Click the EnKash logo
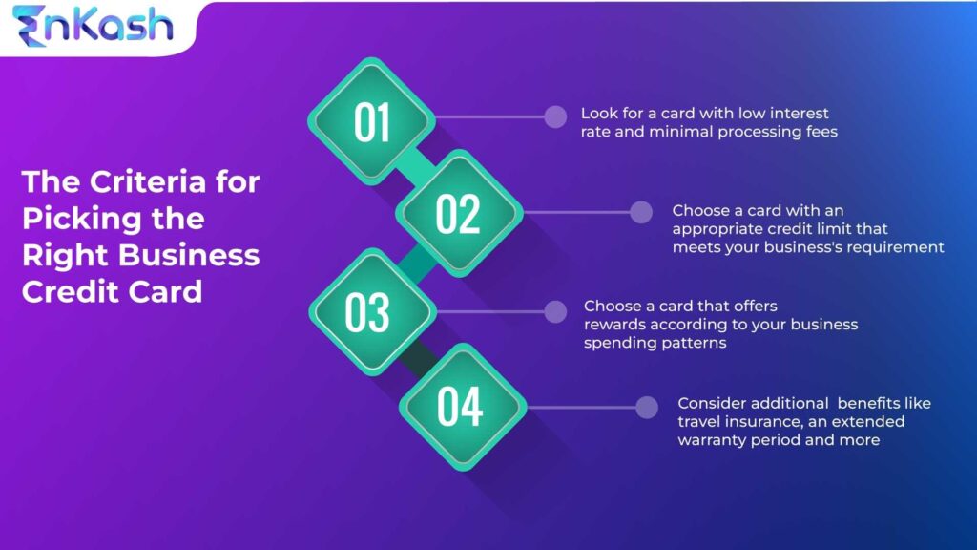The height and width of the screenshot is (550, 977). pos(93,27)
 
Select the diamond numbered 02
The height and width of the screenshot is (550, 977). pos(458,214)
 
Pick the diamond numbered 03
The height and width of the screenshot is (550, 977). pos(368,311)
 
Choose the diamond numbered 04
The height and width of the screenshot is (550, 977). pos(461,406)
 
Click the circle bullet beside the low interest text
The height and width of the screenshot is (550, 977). pos(554,116)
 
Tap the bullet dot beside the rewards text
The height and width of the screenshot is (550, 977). pos(554,310)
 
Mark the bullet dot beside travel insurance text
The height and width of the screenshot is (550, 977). pos(647,406)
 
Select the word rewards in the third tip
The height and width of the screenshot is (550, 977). pos(617,325)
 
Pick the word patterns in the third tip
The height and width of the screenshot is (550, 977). pos(694,343)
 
